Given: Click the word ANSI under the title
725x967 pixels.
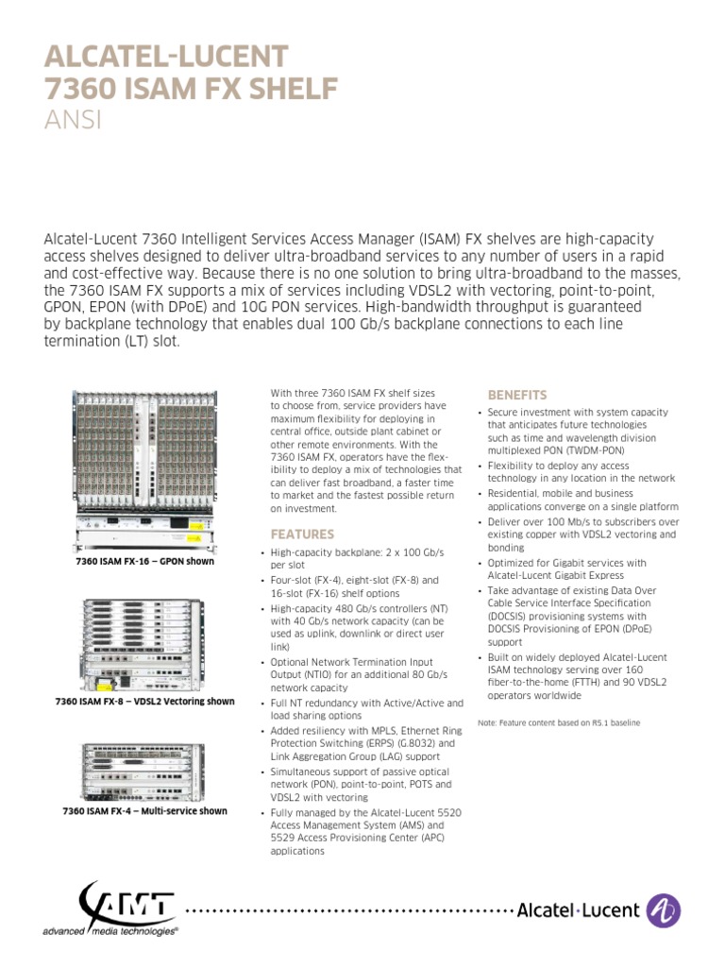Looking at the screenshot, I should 73,121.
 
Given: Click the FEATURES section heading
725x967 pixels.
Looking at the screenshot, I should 302,534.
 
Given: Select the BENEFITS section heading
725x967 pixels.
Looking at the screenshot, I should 516,395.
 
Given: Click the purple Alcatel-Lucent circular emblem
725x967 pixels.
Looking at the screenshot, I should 664,910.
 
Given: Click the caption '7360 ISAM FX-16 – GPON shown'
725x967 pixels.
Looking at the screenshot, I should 144,561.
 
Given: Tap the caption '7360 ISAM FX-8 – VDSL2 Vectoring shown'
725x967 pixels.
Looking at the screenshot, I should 144,702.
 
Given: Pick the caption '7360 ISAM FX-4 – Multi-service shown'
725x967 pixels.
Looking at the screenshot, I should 144,811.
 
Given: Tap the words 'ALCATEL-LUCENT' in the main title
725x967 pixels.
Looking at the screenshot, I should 166,56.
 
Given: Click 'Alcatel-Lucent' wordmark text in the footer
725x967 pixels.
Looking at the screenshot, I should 578,911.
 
